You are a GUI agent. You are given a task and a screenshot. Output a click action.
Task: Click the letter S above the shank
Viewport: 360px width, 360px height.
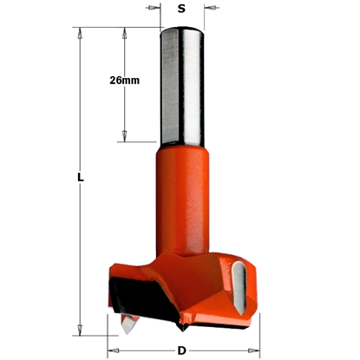click(181, 10)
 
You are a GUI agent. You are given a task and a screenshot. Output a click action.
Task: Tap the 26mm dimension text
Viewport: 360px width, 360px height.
click(127, 81)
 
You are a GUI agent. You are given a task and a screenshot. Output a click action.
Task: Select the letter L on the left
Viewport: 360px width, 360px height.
click(80, 178)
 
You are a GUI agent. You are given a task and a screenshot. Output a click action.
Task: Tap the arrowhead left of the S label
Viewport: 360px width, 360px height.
click(157, 11)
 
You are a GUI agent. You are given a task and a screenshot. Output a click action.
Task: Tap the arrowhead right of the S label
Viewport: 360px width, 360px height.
click(208, 11)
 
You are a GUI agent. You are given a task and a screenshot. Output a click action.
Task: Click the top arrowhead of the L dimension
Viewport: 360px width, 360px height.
click(80, 36)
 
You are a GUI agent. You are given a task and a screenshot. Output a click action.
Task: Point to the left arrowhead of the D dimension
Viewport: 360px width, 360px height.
click(112, 351)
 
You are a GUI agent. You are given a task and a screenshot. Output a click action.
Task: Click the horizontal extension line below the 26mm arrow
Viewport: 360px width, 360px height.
click(139, 142)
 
